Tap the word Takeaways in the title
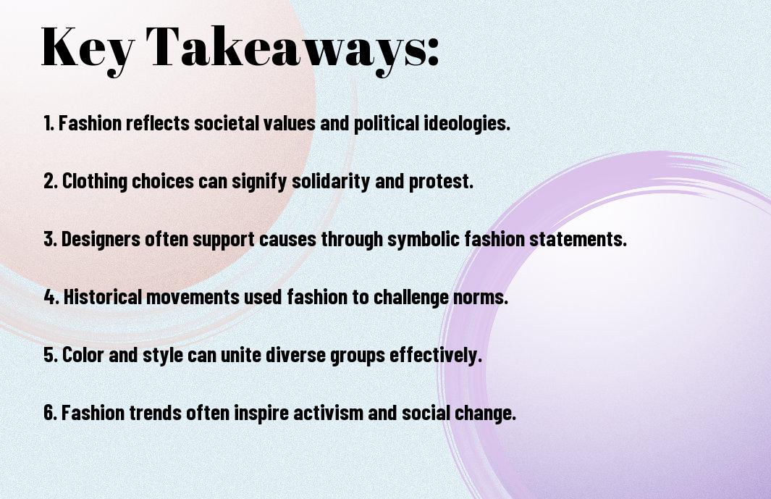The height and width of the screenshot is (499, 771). (293, 48)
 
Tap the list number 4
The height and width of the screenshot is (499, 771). (50, 297)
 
